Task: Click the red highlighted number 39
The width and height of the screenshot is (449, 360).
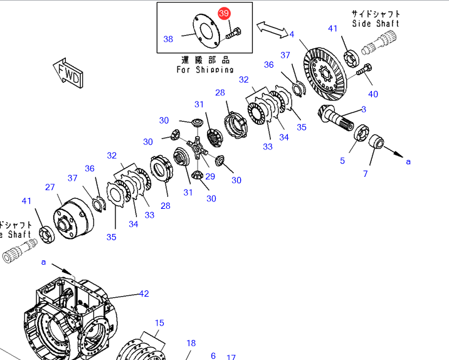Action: click(224, 14)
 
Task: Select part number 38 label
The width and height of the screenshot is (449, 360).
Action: click(168, 39)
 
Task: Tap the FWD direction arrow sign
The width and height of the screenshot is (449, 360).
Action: click(68, 74)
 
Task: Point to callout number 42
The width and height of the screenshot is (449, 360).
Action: click(144, 294)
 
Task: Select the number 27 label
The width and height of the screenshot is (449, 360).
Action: click(50, 187)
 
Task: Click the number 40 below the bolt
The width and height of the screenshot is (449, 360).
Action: click(373, 94)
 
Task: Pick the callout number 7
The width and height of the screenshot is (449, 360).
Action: click(366, 174)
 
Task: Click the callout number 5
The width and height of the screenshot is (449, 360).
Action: click(342, 161)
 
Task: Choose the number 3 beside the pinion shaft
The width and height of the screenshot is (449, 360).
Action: click(364, 110)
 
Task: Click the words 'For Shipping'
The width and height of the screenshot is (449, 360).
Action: click(205, 70)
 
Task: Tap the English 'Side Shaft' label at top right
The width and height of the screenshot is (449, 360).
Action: click(375, 23)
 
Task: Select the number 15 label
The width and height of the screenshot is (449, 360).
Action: click(160, 323)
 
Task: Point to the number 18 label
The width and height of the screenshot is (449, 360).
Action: click(191, 343)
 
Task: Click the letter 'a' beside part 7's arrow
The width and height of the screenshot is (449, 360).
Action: click(408, 161)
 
